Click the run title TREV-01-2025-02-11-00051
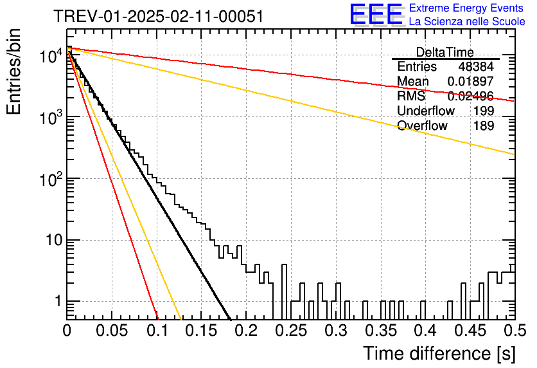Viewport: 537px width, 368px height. (x=159, y=16)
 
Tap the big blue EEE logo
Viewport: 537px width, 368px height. (x=376, y=14)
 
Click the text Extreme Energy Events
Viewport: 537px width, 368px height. (x=466, y=8)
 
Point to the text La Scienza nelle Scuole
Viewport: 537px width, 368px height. (x=467, y=21)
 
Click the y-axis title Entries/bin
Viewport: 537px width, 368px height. (x=13, y=71)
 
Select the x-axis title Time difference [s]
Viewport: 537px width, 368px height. (x=439, y=353)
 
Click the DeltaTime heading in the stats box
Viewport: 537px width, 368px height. (x=445, y=52)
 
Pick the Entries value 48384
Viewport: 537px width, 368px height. (x=476, y=66)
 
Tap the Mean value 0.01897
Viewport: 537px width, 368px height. (x=471, y=81)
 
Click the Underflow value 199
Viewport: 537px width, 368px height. (x=484, y=111)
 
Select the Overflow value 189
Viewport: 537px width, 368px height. (x=484, y=125)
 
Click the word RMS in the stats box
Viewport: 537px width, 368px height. (x=411, y=96)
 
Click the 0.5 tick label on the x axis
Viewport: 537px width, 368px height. (x=515, y=331)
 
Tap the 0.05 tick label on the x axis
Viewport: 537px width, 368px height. (x=112, y=331)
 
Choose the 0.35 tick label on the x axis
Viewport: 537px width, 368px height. (x=381, y=331)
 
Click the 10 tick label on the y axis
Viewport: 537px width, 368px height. (x=54, y=240)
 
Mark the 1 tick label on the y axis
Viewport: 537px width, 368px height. (x=58, y=302)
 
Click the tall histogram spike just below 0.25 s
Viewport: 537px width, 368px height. (x=284, y=291)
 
